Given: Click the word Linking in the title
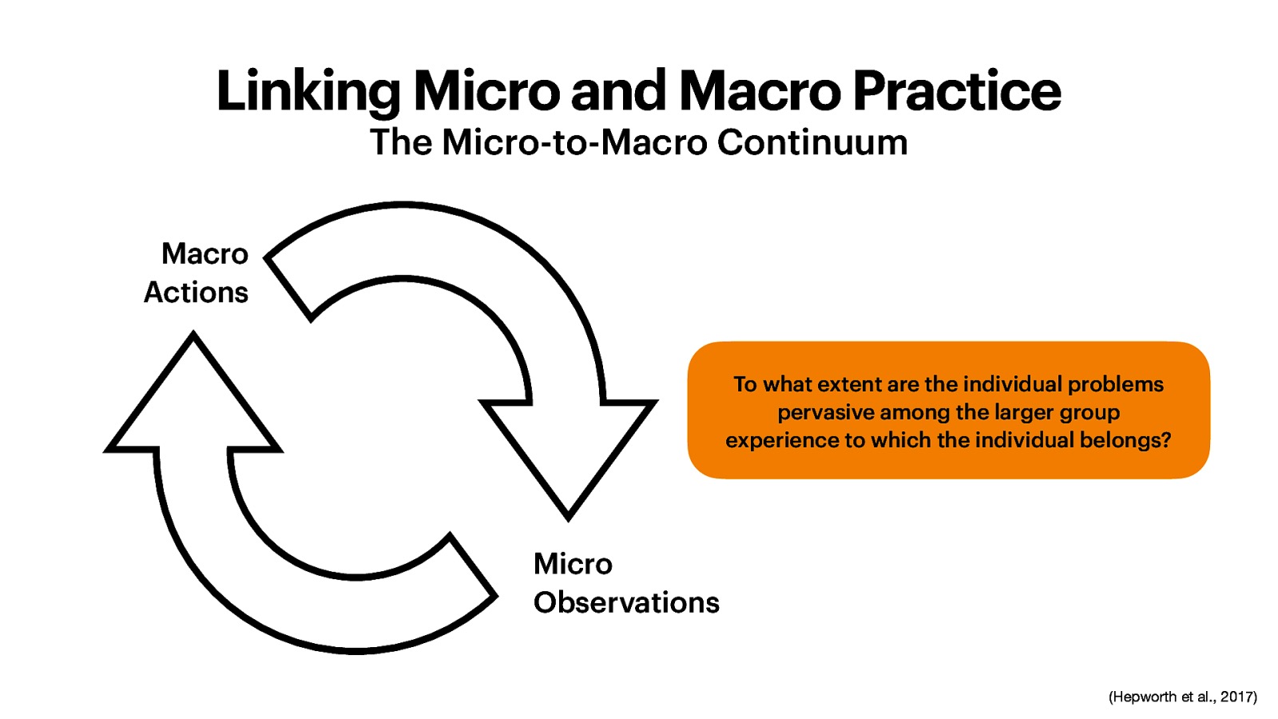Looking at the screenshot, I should [x=308, y=92].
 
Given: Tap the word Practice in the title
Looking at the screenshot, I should [x=956, y=92].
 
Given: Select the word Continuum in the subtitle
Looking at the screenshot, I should [x=812, y=143].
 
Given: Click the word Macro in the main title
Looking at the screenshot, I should [x=760, y=92].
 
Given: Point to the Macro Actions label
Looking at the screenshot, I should [x=196, y=273].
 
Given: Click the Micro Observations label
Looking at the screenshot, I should [x=625, y=583].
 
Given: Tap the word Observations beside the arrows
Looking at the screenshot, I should [x=626, y=602].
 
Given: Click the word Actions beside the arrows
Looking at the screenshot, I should [x=196, y=292].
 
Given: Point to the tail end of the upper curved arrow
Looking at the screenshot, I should [x=288, y=288].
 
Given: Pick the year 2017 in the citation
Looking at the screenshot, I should [x=1236, y=697].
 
